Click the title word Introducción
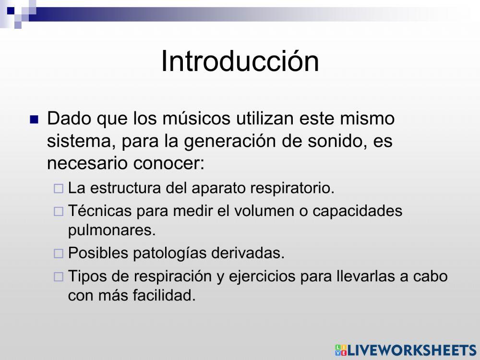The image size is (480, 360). click(x=240, y=61)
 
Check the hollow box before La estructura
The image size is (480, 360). click(x=58, y=189)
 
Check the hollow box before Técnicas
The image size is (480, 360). click(x=58, y=211)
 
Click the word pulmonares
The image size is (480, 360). click(x=112, y=230)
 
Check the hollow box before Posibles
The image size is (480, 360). click(x=58, y=253)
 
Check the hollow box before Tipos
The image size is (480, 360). click(x=58, y=276)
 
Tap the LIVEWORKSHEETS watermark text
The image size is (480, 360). click(x=412, y=350)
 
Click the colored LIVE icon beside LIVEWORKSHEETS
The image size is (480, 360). click(x=341, y=350)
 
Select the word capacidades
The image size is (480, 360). click(x=357, y=210)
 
